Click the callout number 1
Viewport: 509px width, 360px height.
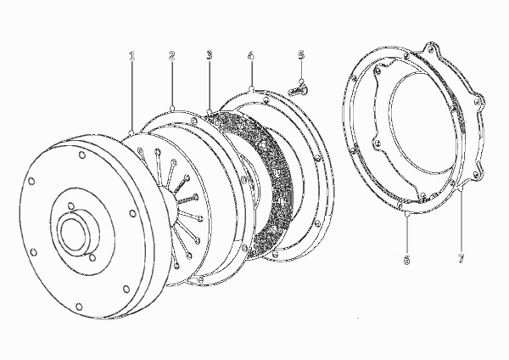pyautogui.click(x=131, y=56)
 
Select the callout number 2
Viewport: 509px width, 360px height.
pyautogui.click(x=171, y=55)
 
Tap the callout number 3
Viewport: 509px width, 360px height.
pyautogui.click(x=210, y=55)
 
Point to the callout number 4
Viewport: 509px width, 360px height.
pyautogui.click(x=250, y=55)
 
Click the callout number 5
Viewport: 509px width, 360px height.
pyautogui.click(x=301, y=55)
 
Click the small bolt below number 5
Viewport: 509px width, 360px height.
pyautogui.click(x=299, y=89)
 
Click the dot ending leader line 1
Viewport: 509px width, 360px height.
pyautogui.click(x=131, y=132)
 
